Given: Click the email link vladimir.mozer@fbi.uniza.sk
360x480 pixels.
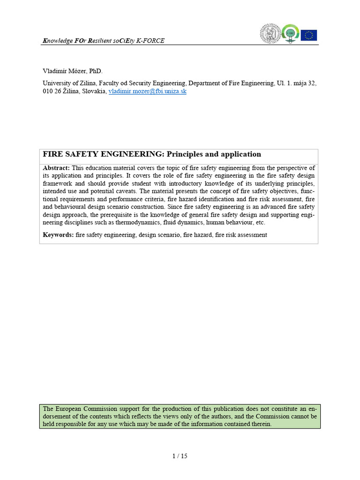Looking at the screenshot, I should point(147,91).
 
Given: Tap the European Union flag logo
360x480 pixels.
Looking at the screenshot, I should point(308,35).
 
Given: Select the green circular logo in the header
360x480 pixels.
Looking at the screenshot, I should point(290,34).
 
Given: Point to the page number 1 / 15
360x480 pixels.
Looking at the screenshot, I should point(180,456).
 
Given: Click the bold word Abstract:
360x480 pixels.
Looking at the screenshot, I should point(56,168).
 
